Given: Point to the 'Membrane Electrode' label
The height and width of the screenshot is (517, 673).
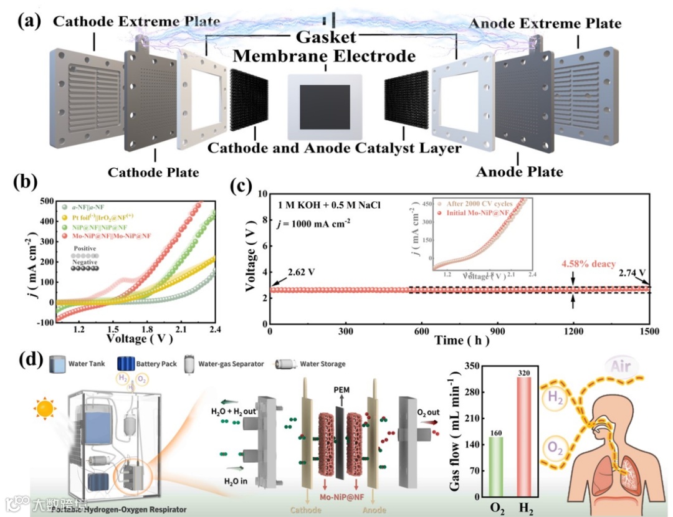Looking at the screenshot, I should (x=324, y=57).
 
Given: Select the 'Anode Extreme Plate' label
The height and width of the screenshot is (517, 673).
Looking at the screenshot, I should (x=545, y=24).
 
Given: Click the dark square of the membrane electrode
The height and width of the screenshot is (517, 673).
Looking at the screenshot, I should (x=324, y=107).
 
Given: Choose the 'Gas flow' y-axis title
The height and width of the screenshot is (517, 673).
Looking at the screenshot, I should (x=461, y=433).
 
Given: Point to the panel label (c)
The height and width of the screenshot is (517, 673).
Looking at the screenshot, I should (x=242, y=187).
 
